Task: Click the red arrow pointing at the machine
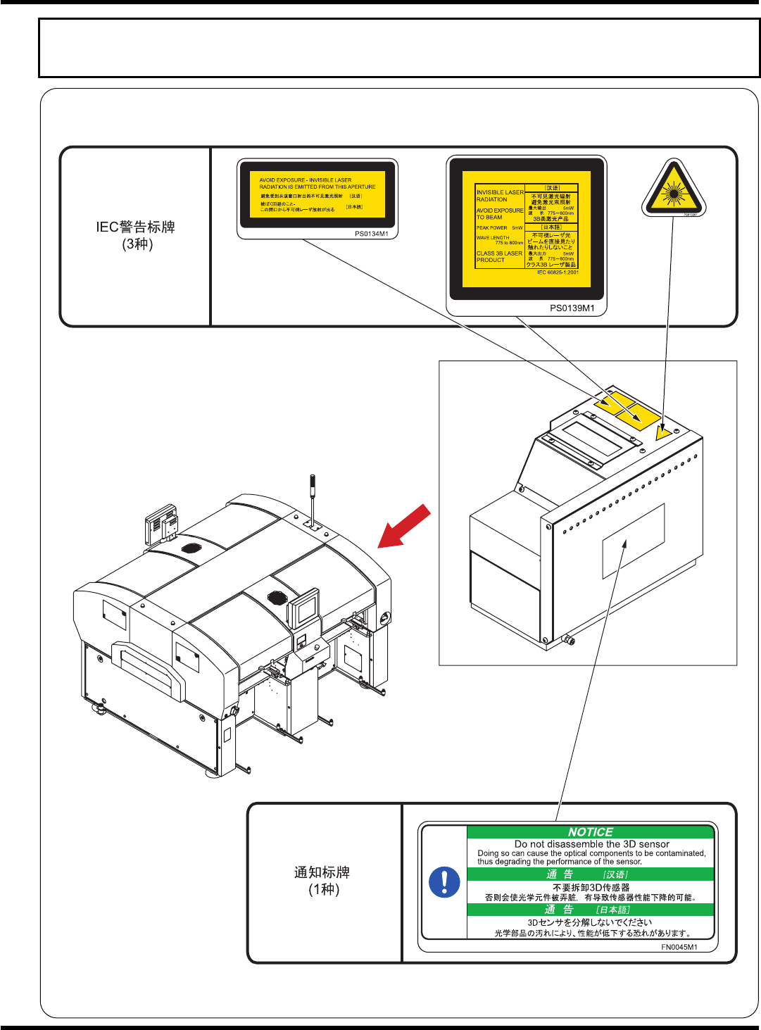404,527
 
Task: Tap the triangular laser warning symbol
674,189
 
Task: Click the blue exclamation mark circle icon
444,881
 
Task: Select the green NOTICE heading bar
591,832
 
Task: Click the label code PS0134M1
371,234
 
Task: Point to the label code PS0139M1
572,308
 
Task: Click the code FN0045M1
679,947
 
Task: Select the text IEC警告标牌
136,227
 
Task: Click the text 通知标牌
322,872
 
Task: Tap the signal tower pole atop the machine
313,496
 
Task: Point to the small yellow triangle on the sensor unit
662,432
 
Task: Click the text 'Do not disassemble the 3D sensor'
591,843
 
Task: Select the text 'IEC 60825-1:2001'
558,272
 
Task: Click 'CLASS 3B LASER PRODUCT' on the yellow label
499,256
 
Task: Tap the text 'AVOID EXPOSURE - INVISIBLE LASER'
305,180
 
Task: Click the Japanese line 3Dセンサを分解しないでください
590,922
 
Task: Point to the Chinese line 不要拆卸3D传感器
591,887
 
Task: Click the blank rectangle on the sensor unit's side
634,536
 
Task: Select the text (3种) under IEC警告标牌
137,244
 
